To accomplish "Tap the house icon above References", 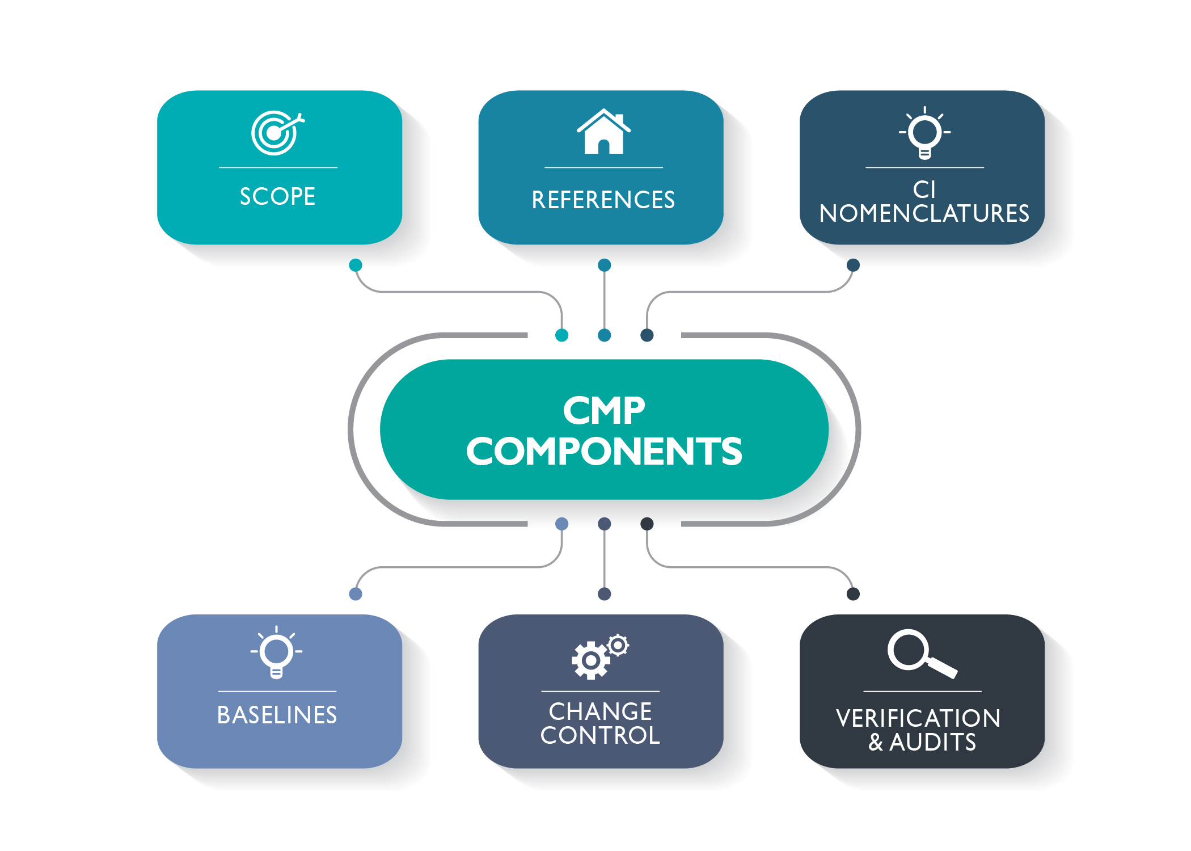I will click(603, 132).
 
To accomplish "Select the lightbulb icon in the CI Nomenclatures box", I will click(924, 133).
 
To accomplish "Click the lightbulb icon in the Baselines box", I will click(276, 652).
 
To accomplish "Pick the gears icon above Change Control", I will click(600, 657).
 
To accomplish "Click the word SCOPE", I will click(277, 197).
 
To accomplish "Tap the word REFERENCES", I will click(603, 200).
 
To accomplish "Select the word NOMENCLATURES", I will click(924, 214).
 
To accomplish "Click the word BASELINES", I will click(277, 715).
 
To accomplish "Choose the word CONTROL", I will click(600, 736).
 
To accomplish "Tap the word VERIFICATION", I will click(918, 718).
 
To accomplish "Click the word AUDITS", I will click(932, 743).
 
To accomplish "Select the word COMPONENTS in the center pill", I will click(604, 452).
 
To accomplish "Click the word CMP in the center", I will click(604, 410).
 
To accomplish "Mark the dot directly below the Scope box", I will click(356, 265).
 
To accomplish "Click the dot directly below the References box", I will click(605, 265).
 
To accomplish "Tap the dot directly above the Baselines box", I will click(356, 594).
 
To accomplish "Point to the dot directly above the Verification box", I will click(853, 594).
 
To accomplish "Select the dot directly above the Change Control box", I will click(605, 594).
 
